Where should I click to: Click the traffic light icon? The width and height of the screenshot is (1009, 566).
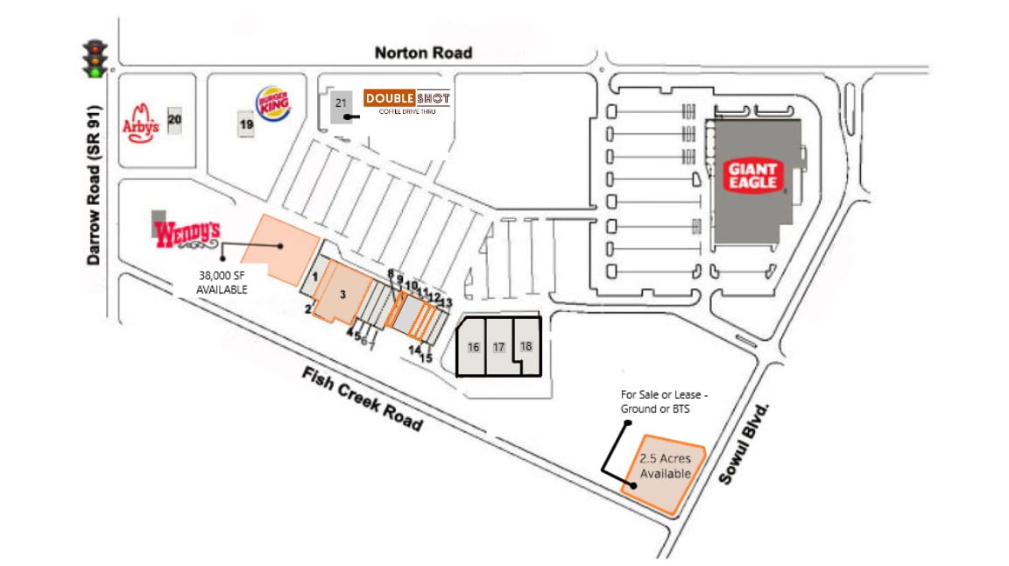pyautogui.click(x=95, y=58)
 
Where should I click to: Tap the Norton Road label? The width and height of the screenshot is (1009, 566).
pyautogui.click(x=423, y=53)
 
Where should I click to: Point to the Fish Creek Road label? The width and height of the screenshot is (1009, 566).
pyautogui.click(x=363, y=399)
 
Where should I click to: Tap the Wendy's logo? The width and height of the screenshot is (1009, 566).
pyautogui.click(x=187, y=234)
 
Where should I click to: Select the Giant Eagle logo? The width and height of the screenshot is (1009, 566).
pyautogui.click(x=751, y=175)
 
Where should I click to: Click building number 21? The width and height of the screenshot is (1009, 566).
pyautogui.click(x=341, y=106)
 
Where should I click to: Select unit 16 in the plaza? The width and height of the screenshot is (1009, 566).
pyautogui.click(x=473, y=347)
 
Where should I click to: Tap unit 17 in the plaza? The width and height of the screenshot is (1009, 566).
pyautogui.click(x=499, y=347)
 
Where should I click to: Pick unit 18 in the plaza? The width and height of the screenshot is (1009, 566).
pyautogui.click(x=526, y=345)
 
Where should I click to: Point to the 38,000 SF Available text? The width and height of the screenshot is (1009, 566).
pyautogui.click(x=222, y=283)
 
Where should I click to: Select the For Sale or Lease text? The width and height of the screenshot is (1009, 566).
pyautogui.click(x=664, y=401)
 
